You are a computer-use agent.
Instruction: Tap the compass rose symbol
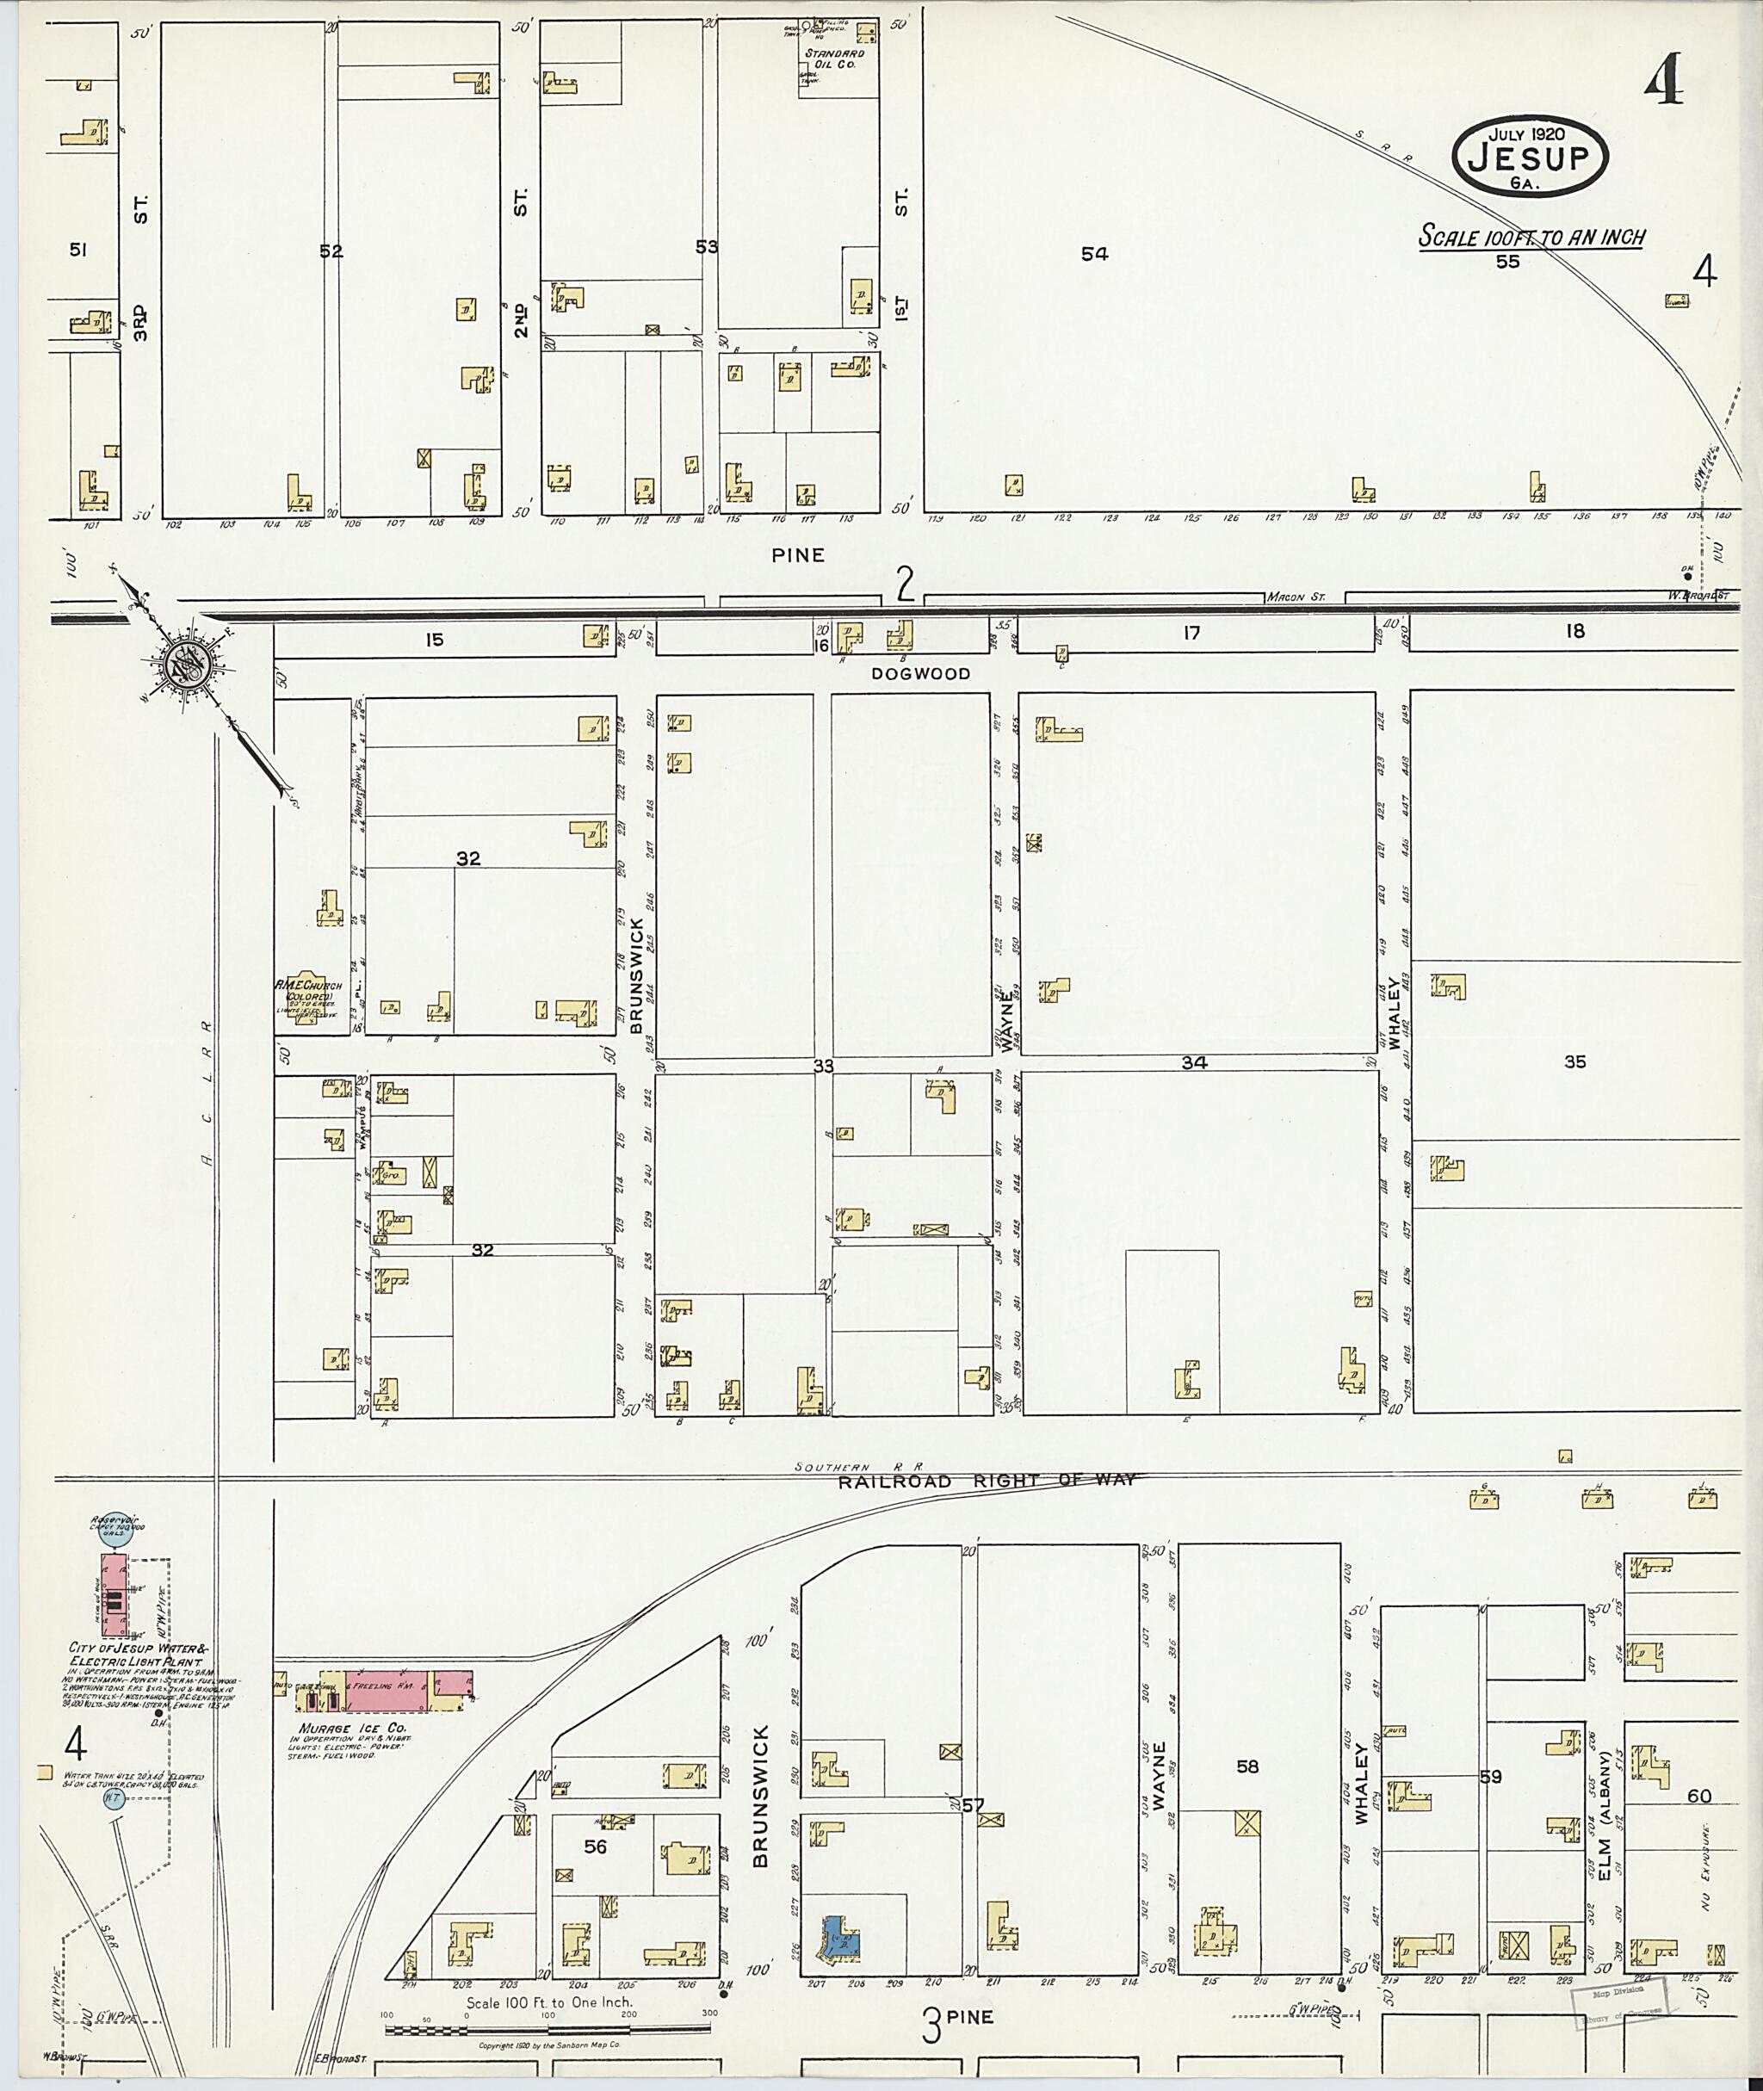coord(186,663)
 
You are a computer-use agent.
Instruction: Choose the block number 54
coord(1094,255)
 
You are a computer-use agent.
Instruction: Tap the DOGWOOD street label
coord(920,674)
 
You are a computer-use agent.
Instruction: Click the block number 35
coord(1574,1061)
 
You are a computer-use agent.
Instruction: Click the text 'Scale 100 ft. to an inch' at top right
coord(1532,238)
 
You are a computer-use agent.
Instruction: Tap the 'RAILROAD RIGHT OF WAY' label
coord(987,1482)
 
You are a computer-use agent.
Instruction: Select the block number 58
coord(1247,1766)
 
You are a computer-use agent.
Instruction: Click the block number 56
coord(595,1847)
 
